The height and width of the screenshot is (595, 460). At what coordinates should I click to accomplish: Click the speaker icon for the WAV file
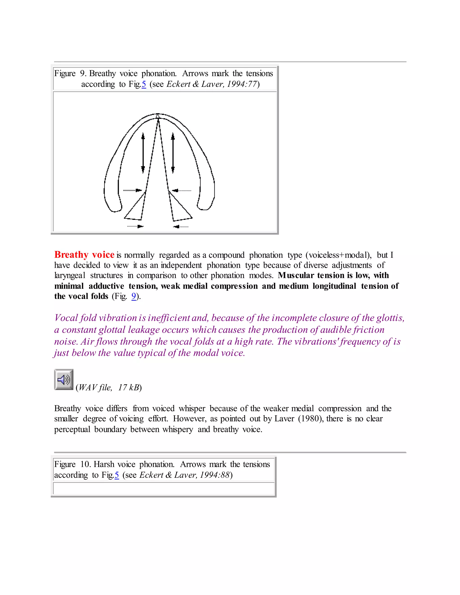64,379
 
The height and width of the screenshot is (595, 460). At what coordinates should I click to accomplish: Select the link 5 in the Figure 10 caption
117,475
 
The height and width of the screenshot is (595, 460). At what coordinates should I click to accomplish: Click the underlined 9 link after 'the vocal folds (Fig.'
134,296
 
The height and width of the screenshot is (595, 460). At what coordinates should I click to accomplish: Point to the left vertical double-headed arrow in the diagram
143,153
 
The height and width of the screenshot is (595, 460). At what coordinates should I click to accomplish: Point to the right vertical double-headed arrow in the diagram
173,153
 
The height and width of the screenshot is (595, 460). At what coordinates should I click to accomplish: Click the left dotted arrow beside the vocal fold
133,190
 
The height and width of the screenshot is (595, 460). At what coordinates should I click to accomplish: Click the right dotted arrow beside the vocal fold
181,190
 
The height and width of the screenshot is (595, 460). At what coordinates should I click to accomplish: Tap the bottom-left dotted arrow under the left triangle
135,226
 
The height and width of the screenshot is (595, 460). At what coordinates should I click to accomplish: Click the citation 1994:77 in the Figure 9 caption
242,84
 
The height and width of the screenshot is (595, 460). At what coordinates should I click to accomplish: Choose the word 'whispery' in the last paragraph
178,429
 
